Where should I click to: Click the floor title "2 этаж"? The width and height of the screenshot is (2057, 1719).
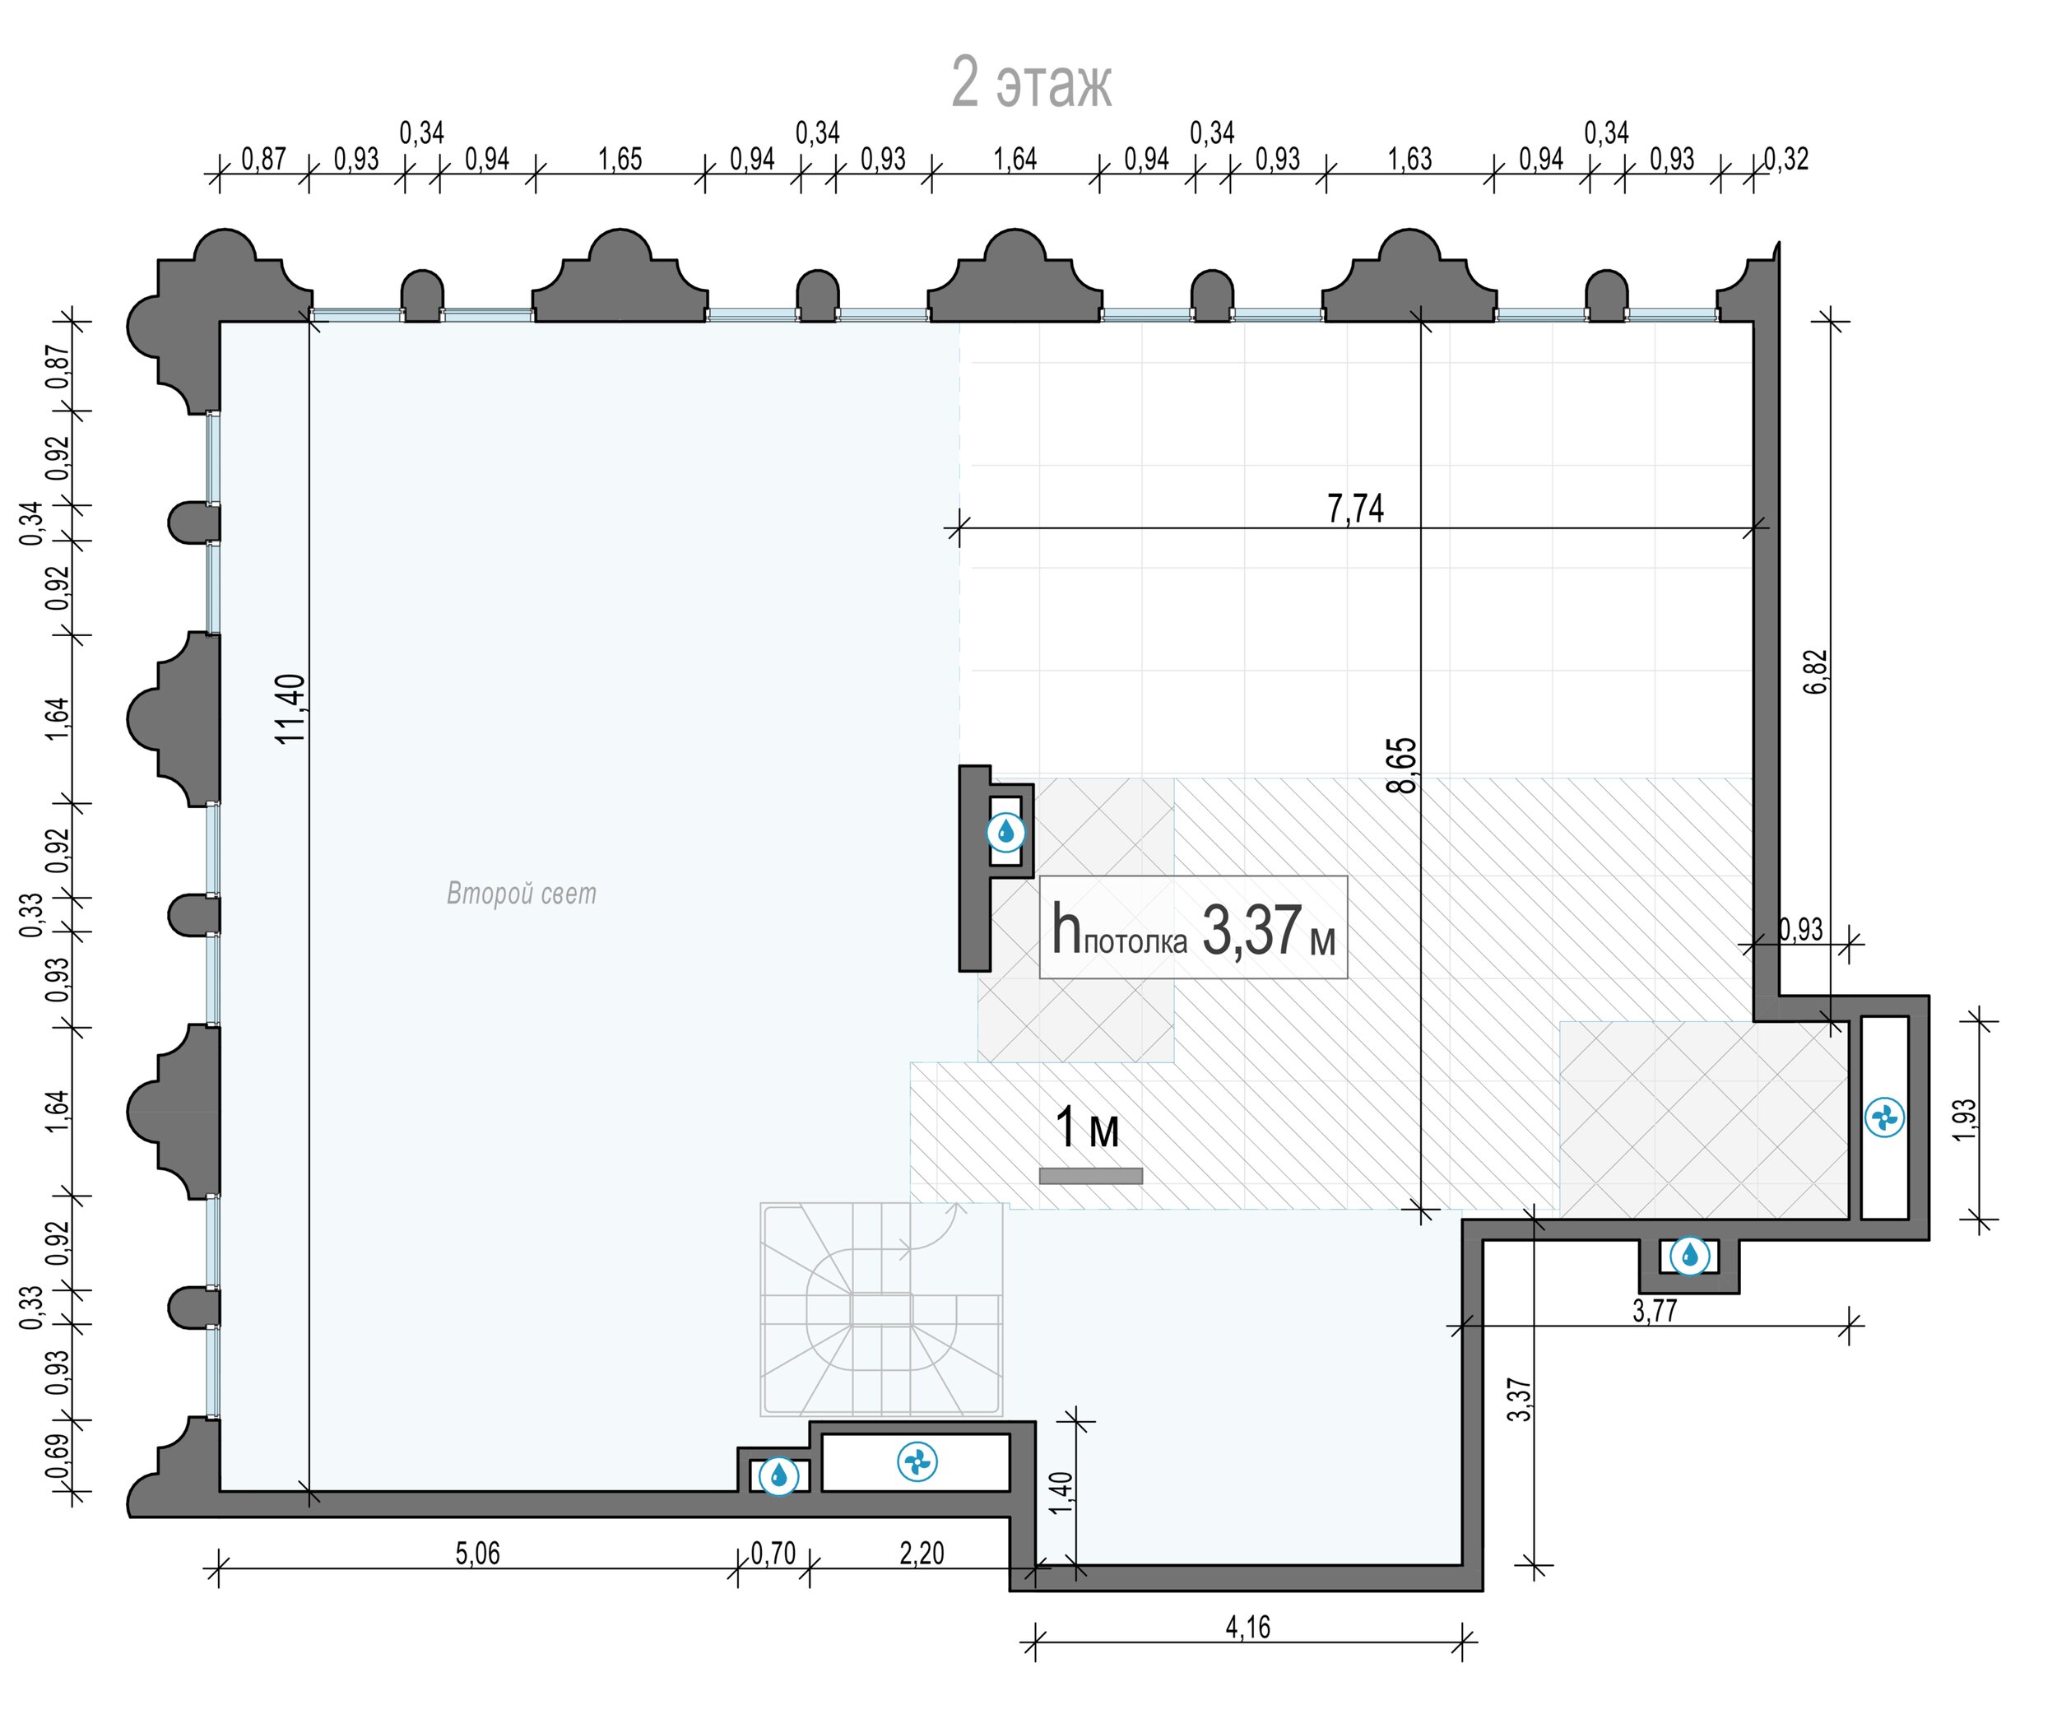[1032, 83]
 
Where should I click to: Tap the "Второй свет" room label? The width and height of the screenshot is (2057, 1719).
[521, 894]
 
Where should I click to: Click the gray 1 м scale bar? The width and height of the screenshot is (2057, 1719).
[1090, 1175]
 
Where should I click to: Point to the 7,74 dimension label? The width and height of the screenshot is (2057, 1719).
[1356, 509]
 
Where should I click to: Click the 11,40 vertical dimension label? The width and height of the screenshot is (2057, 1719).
[292, 709]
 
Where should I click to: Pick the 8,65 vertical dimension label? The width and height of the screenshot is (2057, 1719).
[1403, 765]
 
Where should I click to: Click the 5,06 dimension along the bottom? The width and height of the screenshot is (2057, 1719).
[477, 1554]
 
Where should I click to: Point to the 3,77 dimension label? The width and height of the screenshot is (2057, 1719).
[1655, 1309]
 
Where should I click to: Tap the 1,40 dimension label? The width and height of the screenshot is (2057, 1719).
[1061, 1493]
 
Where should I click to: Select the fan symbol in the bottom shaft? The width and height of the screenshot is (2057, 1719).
[917, 1462]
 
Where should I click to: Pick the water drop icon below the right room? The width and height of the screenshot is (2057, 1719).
[1690, 1255]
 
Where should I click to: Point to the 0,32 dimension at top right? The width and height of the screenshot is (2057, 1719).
[1785, 159]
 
